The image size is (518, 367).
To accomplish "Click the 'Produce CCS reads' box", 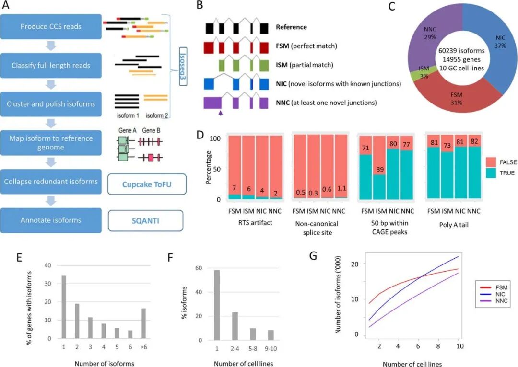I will click(51, 26).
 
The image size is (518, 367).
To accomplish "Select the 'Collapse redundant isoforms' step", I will click(51, 182).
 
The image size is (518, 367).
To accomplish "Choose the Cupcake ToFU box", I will click(146, 182).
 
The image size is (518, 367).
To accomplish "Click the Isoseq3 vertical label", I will click(183, 65).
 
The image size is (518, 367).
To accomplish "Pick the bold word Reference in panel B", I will click(291, 27).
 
